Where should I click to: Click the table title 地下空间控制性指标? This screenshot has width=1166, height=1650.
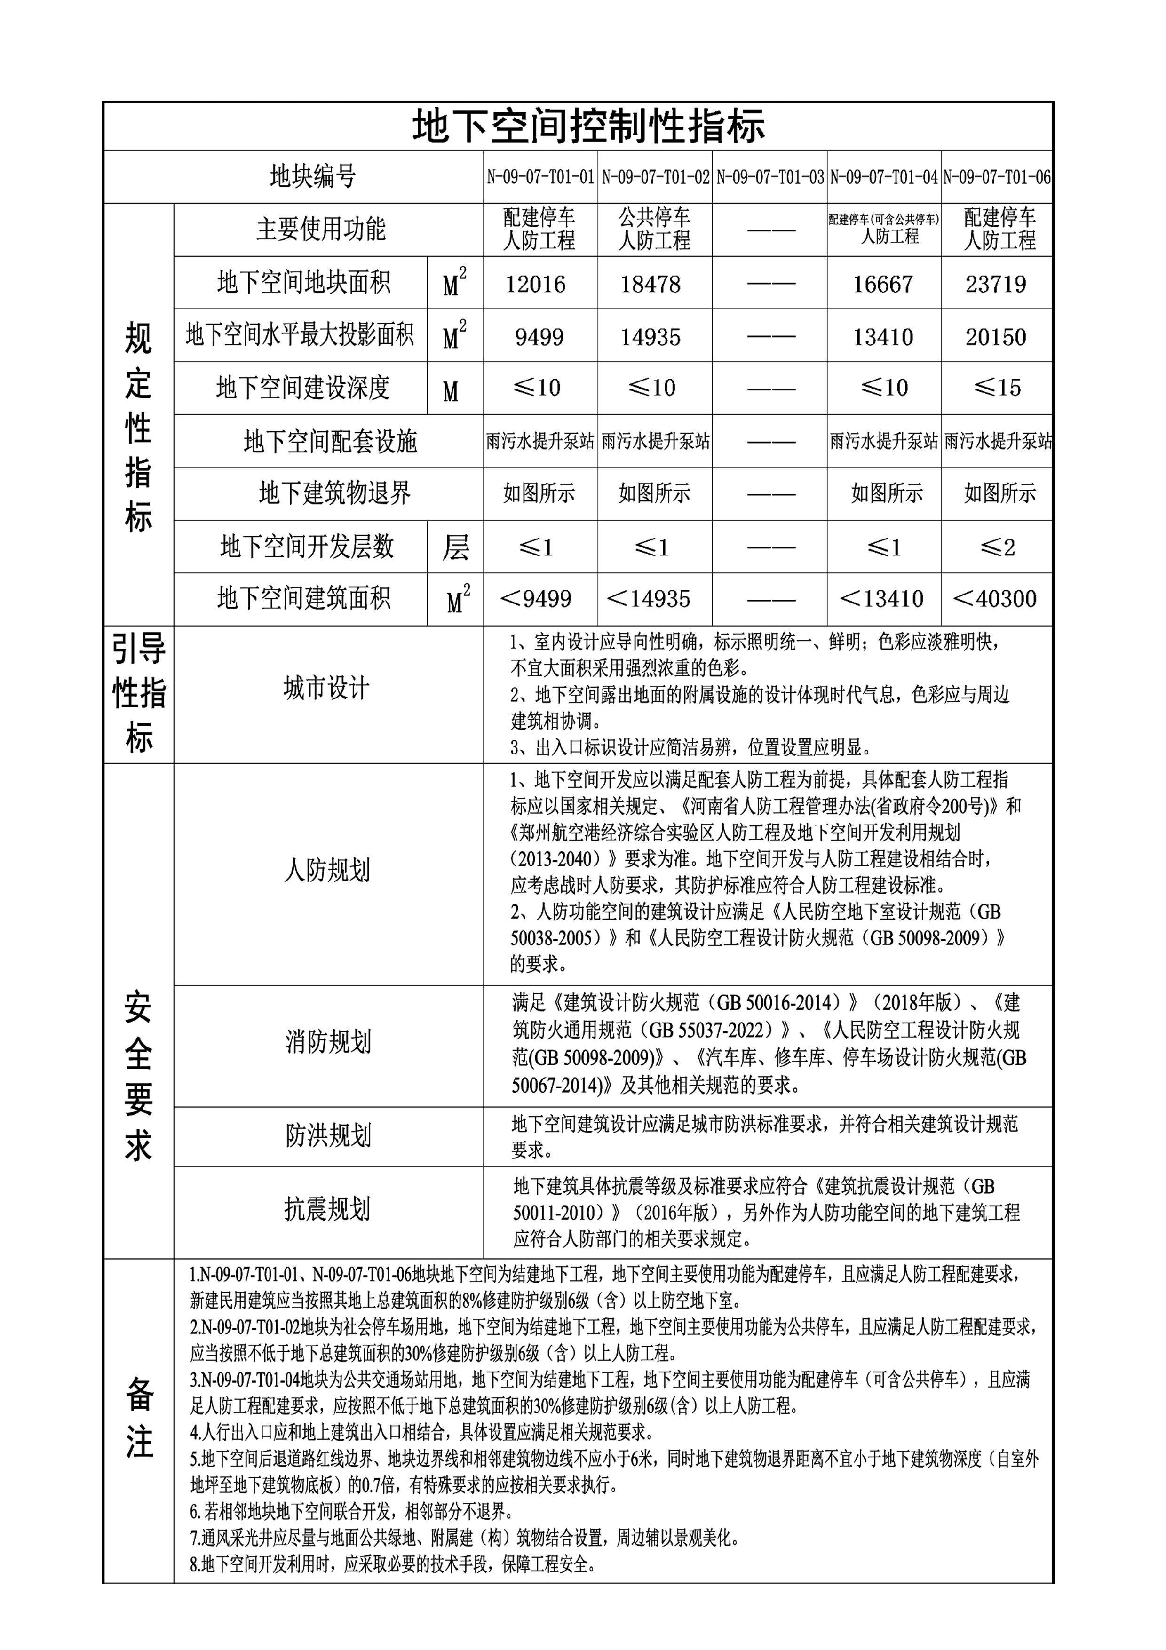click(x=588, y=127)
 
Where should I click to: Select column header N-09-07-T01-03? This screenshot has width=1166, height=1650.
click(x=769, y=177)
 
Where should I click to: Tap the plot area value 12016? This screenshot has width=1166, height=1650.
click(x=535, y=284)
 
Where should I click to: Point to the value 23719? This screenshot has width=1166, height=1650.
click(x=996, y=284)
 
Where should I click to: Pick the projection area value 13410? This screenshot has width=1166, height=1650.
click(x=883, y=336)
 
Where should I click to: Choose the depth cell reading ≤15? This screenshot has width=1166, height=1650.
click(x=997, y=388)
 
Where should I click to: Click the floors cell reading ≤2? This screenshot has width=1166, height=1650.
click(x=997, y=547)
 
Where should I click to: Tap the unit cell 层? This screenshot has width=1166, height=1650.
click(x=455, y=547)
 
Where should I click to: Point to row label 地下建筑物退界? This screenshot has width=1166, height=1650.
click(x=335, y=494)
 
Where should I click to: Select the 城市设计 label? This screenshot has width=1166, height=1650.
click(x=327, y=689)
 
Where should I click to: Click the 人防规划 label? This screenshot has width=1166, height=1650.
click(x=327, y=870)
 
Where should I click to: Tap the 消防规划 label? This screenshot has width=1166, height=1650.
click(x=328, y=1041)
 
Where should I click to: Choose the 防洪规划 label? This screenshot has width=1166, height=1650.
click(x=328, y=1135)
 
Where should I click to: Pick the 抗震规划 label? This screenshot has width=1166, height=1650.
click(x=327, y=1209)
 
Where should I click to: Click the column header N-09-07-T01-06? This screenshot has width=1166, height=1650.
click(x=997, y=177)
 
